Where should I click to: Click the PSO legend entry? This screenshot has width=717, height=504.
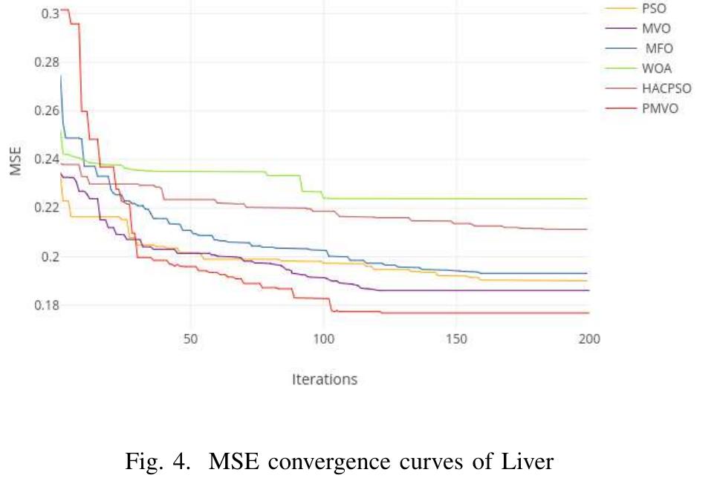[654, 9]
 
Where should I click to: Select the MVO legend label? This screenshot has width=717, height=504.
[656, 29]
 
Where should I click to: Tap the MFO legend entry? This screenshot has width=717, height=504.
[658, 49]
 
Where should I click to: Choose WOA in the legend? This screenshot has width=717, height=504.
[657, 69]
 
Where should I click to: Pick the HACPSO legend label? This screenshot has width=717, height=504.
[666, 88]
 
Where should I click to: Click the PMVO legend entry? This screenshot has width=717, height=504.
[660, 108]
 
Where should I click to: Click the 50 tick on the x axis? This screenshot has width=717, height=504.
[191, 339]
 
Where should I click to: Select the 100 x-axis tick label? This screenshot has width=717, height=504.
[324, 339]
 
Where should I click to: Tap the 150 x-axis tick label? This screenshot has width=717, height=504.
[457, 339]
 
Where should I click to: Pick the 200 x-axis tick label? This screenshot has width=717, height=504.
[589, 339]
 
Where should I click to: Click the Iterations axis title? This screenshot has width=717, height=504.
[324, 379]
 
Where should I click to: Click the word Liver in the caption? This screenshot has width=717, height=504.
[526, 462]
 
